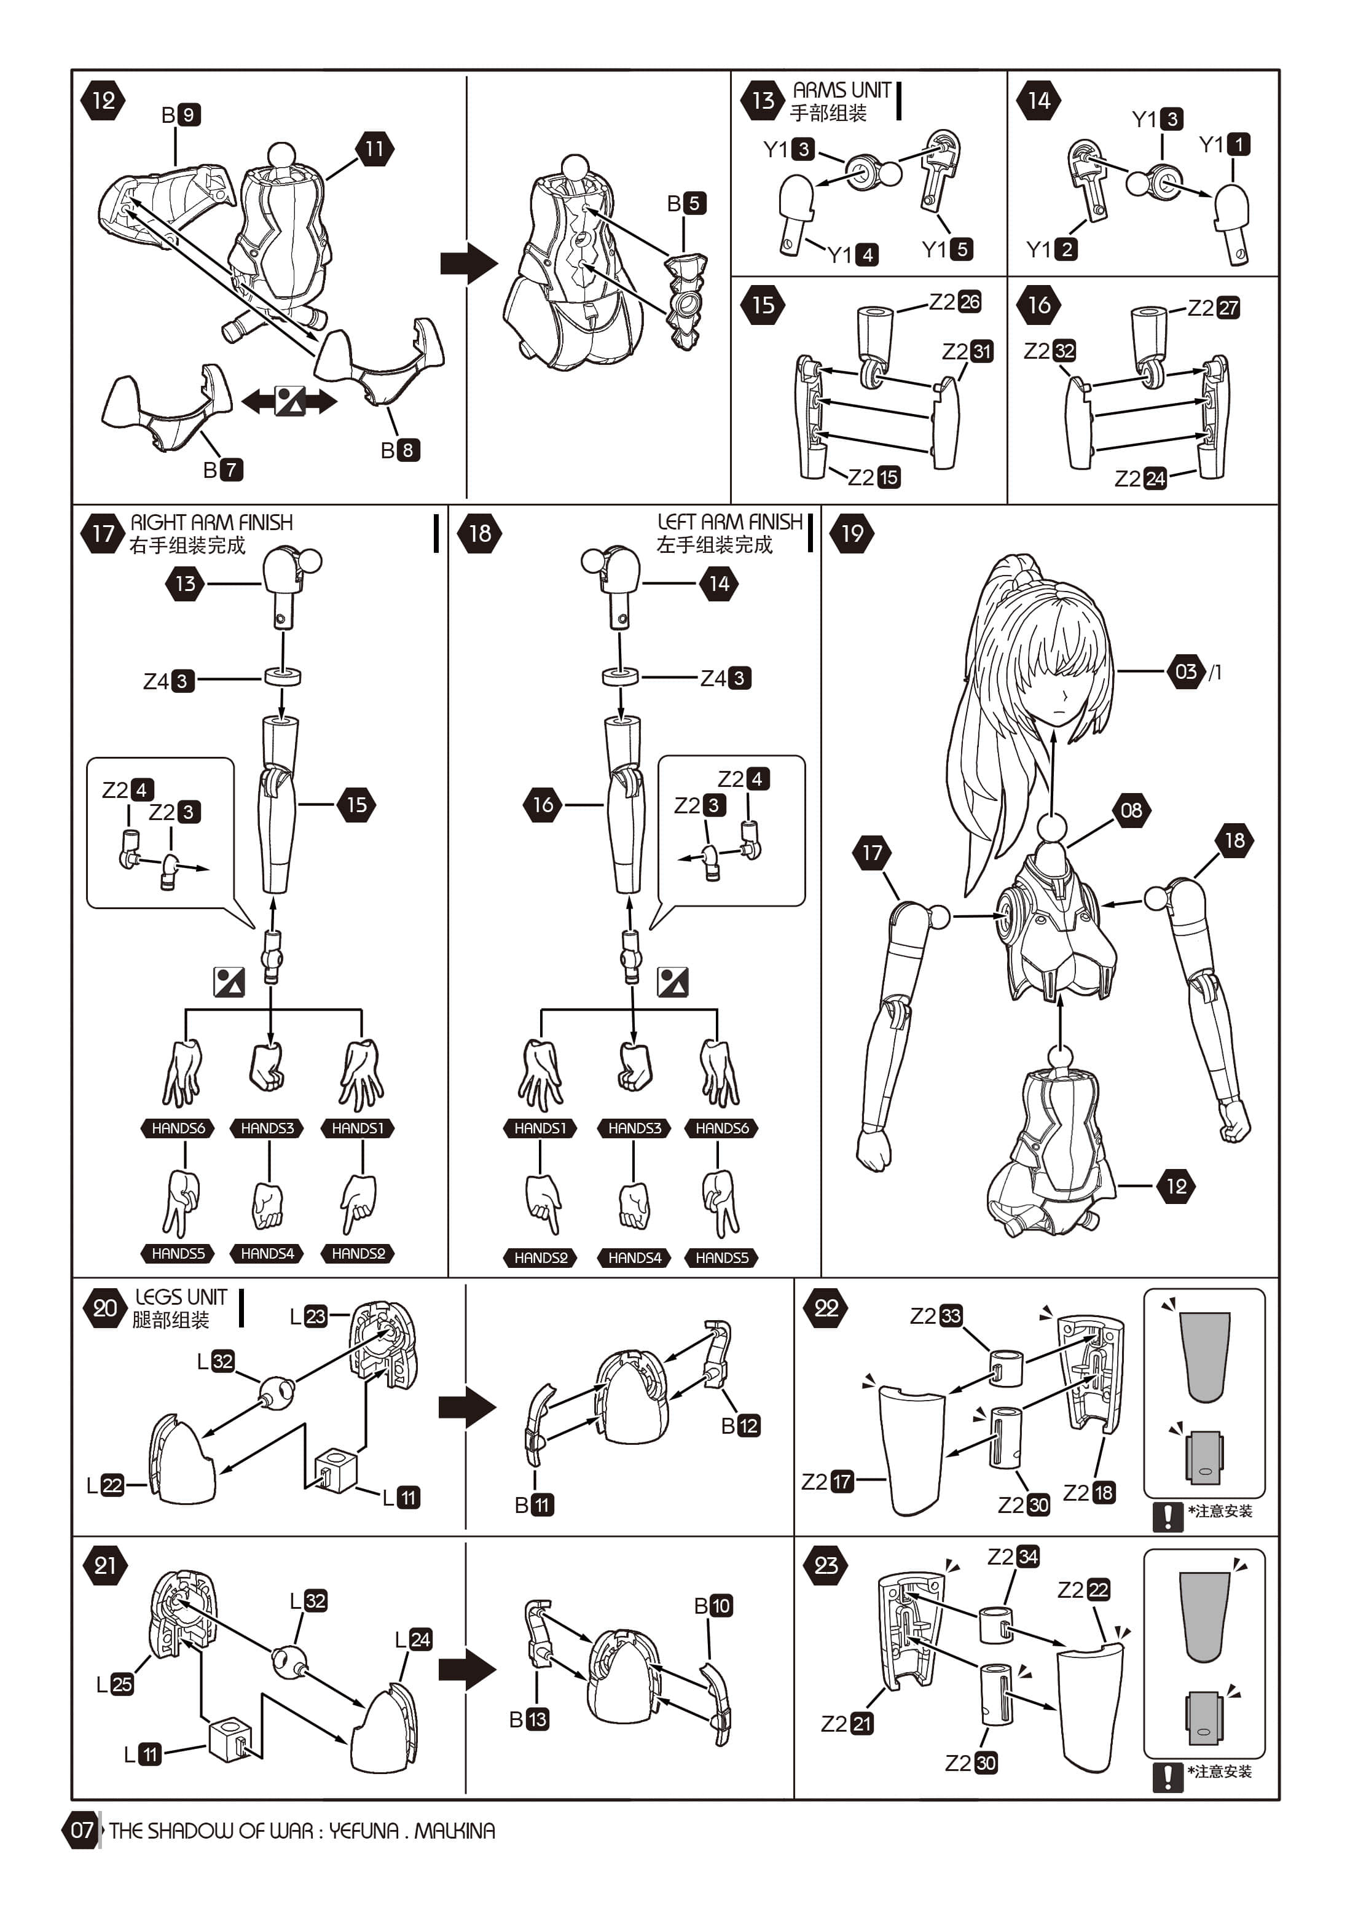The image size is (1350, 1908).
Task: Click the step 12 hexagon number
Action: coord(103,101)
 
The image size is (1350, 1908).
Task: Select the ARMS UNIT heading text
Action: coord(841,90)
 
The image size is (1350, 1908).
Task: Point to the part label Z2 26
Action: coord(954,302)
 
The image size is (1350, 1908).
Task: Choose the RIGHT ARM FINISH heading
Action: coord(211,523)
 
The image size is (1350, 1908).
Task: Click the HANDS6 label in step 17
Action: coord(178,1128)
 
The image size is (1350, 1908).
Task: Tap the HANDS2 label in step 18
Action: coord(540,1257)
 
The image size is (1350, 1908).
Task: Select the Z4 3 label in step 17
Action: coord(169,681)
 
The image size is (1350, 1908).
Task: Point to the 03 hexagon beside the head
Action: coord(1186,671)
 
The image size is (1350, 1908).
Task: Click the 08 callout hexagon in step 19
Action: coord(1131,810)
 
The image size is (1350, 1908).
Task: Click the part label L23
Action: coord(308,1316)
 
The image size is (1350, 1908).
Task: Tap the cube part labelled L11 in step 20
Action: coord(337,1470)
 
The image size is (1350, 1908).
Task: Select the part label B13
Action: coord(528,1719)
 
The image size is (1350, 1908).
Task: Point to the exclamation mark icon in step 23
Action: coord(1167,1777)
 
